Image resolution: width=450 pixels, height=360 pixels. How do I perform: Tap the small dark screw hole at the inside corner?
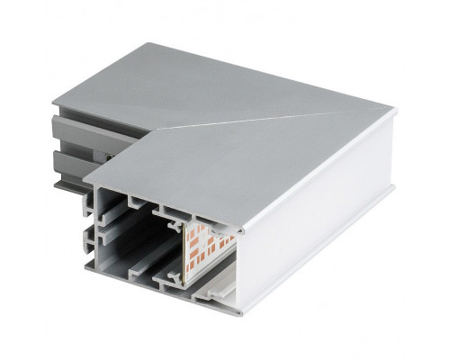(110, 157)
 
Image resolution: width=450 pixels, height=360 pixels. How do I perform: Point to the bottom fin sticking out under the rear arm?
(67, 186)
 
